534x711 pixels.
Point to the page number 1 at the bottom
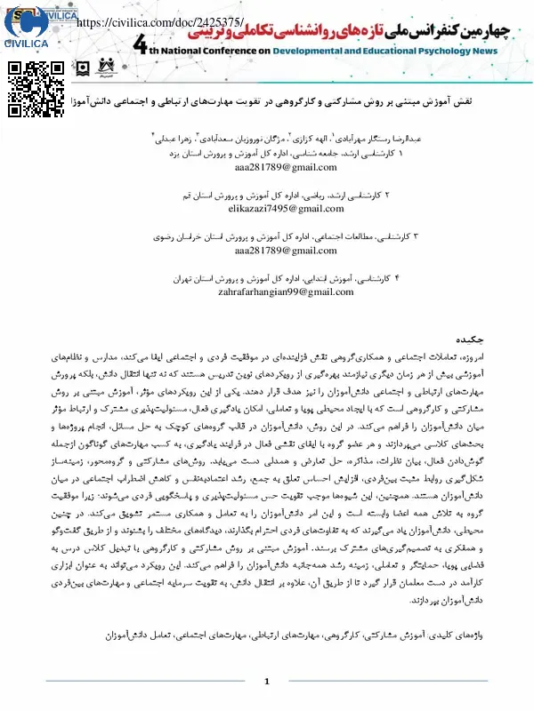click(x=266, y=681)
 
